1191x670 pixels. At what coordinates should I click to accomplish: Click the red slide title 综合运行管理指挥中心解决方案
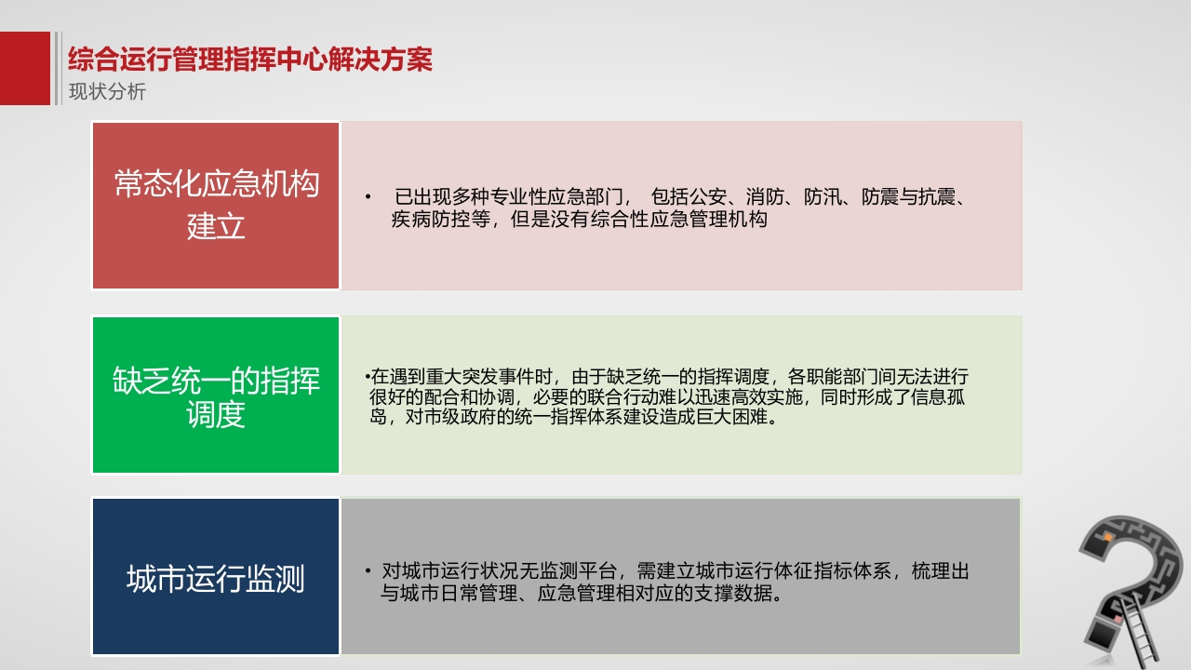point(250,59)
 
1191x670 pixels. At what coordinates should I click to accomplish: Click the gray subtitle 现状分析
point(107,91)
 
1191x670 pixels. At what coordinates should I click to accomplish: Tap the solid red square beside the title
point(25,68)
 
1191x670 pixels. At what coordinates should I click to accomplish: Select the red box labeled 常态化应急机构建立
point(216,206)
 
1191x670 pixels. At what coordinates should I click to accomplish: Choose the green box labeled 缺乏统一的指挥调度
point(216,395)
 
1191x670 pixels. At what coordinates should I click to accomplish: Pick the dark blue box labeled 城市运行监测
point(216,576)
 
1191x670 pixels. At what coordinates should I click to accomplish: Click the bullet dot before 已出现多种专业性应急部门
point(368,197)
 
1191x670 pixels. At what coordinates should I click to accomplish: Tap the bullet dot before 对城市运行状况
point(368,571)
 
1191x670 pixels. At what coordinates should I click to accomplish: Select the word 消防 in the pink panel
point(765,197)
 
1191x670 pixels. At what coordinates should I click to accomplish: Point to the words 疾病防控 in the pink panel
point(431,219)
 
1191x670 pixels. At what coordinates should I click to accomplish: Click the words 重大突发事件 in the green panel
point(488,377)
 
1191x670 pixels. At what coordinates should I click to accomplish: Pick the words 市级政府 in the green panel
point(460,417)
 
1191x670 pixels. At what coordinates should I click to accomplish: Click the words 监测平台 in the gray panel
point(578,571)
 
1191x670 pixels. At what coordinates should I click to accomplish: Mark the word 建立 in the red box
point(216,226)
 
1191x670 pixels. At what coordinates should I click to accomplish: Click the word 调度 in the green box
point(216,414)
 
